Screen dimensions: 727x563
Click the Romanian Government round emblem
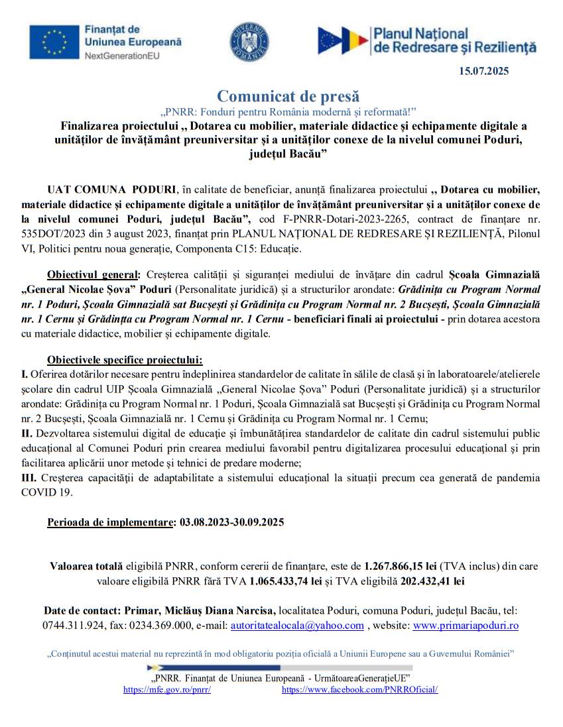point(249,39)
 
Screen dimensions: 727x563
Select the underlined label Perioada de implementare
point(111,522)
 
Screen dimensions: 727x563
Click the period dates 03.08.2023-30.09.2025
point(232,522)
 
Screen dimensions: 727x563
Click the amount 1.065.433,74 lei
point(286,581)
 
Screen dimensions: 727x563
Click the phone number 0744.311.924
point(74,625)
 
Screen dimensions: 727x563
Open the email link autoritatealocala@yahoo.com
point(296,625)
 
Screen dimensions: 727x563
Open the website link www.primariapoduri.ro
point(466,625)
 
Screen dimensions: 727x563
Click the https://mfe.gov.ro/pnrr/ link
point(167,689)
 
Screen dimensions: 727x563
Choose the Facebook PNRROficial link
point(359,689)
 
